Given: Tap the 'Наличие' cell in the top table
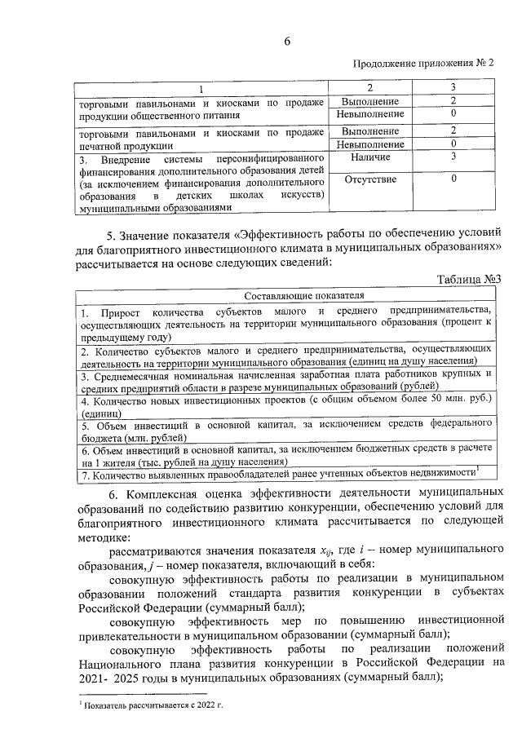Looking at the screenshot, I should pos(371,157).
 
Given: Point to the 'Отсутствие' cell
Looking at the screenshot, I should pos(371,179).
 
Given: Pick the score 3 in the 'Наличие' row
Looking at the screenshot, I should pos(453,157).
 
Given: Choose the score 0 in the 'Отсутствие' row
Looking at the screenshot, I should pos(453,179).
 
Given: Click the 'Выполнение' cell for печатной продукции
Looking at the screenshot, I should pos(371,130).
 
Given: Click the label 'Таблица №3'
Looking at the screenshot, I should pos(467,280).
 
